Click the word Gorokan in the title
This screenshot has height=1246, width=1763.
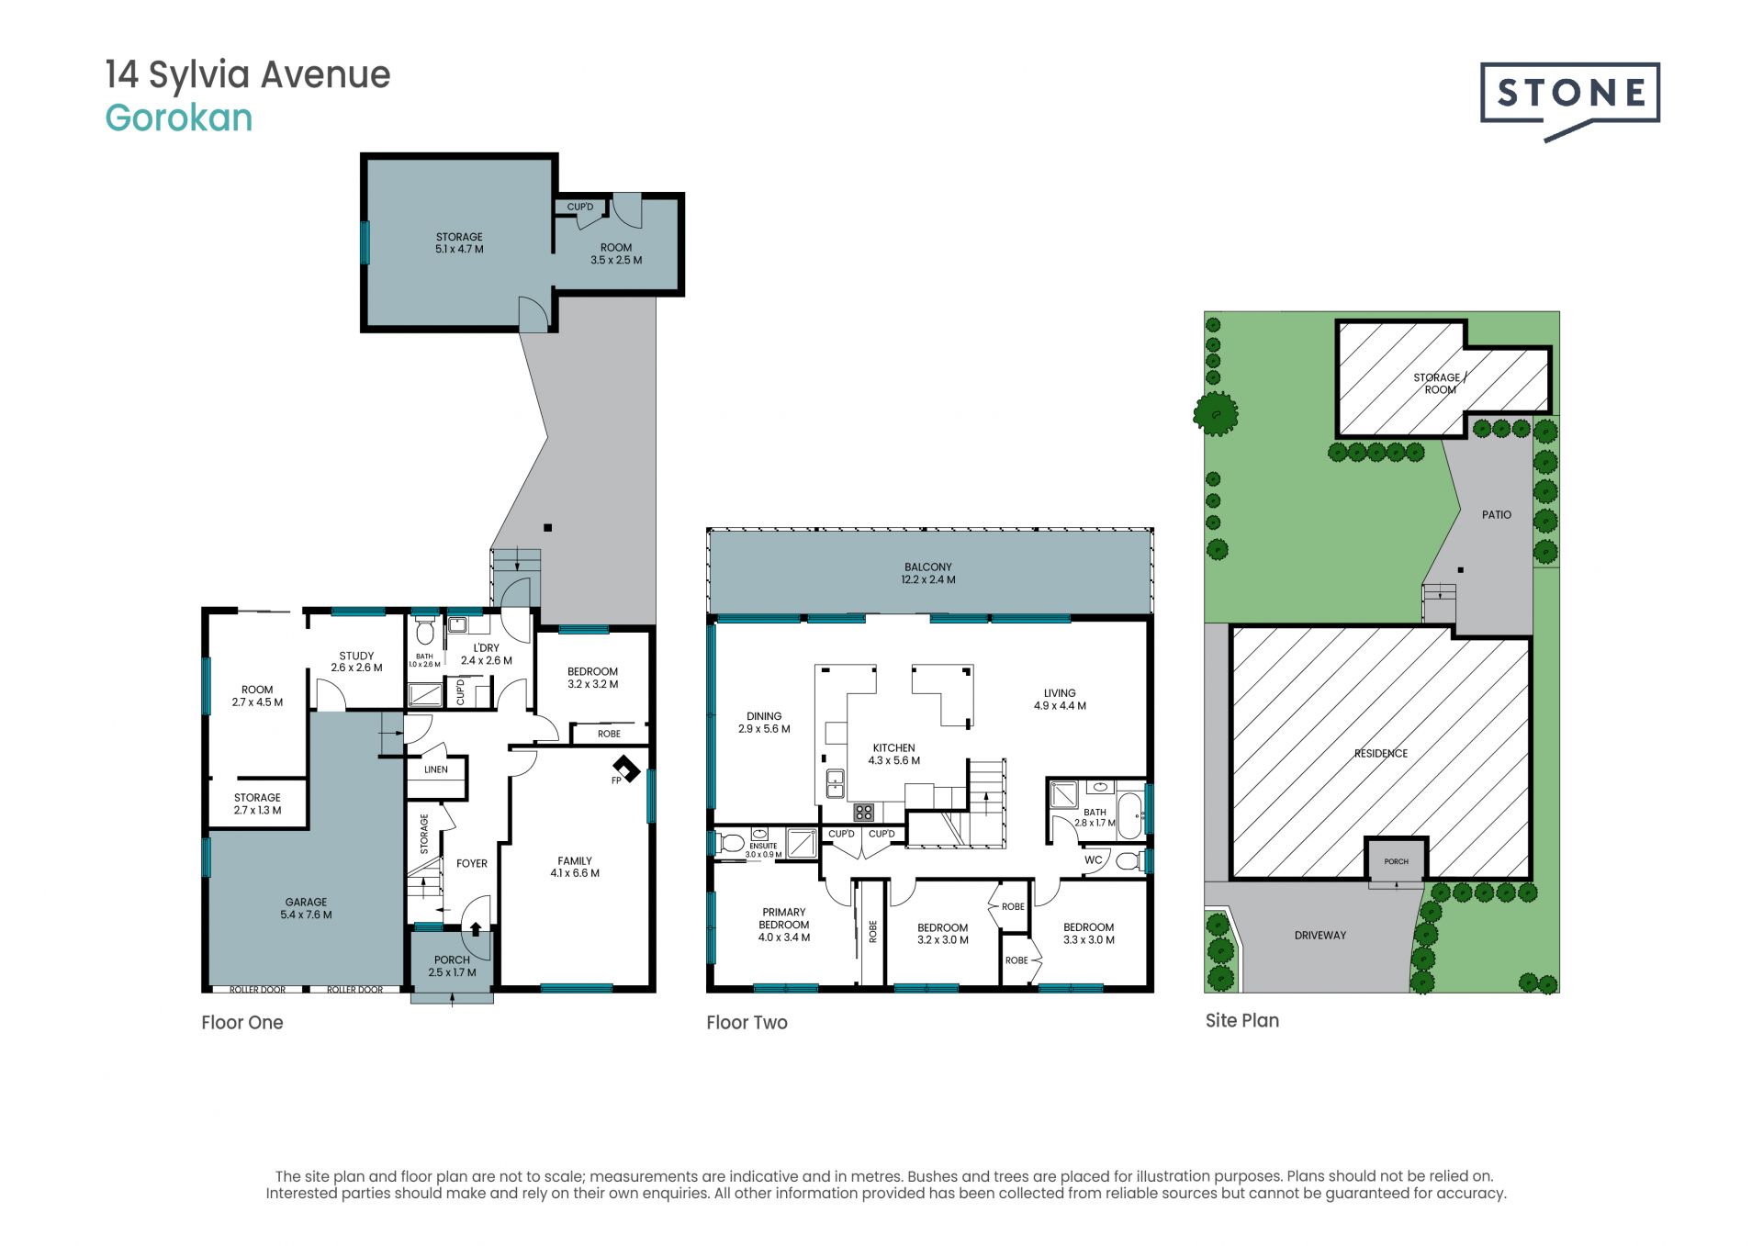pos(179,118)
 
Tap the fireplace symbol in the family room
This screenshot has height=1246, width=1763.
pos(626,769)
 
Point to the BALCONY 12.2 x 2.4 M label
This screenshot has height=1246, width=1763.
pos(928,573)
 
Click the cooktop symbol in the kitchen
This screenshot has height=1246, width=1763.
pos(864,812)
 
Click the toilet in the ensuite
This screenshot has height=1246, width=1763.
pos(732,842)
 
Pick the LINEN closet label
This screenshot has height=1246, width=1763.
pos(436,769)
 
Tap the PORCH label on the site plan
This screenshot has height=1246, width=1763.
pos(1396,861)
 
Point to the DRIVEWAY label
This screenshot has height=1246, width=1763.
pos(1320,936)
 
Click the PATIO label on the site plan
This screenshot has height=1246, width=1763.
pos(1497,515)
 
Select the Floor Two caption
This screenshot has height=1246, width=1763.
pos(747,1023)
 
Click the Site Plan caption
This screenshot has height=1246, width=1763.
pos(1242,1021)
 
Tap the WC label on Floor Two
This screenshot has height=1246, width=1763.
pos(1094,860)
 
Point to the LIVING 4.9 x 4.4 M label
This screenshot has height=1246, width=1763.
pos(1060,700)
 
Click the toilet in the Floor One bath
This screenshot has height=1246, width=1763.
pos(424,633)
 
